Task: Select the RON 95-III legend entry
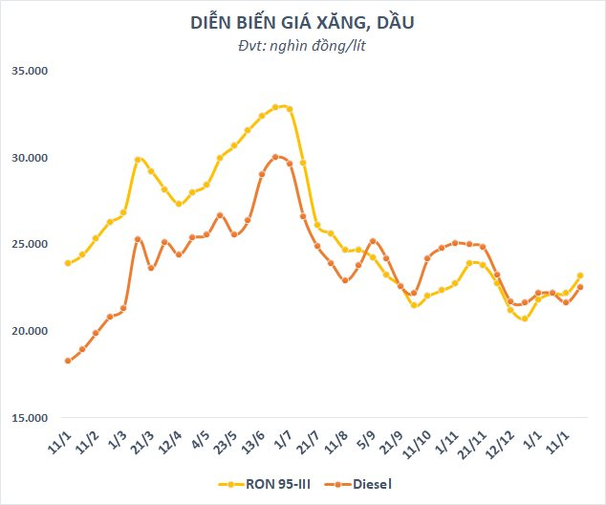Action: pyautogui.click(x=271, y=484)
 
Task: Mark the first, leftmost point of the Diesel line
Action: pyautogui.click(x=67, y=361)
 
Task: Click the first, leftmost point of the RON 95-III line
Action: pyautogui.click(x=67, y=263)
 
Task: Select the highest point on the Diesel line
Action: pyautogui.click(x=275, y=157)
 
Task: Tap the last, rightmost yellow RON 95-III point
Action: pyautogui.click(x=580, y=276)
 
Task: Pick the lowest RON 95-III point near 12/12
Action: pyautogui.click(x=525, y=318)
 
